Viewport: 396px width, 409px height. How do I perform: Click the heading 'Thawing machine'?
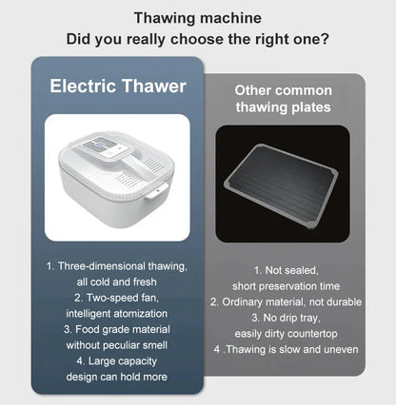click(x=198, y=18)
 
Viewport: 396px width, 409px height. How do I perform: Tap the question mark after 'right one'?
click(x=325, y=39)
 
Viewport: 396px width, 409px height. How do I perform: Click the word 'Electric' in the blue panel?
click(x=83, y=86)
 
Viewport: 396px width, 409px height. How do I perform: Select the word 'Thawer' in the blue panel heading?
click(x=154, y=86)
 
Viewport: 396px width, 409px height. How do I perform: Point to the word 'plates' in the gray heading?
click(x=311, y=107)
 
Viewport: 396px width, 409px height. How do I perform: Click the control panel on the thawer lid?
click(x=106, y=147)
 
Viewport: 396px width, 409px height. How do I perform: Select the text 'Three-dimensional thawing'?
click(x=122, y=266)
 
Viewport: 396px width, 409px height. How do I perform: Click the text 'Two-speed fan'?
click(x=122, y=298)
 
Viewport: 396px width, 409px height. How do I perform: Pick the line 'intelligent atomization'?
click(x=117, y=314)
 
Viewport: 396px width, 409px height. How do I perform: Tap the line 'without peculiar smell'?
click(x=117, y=345)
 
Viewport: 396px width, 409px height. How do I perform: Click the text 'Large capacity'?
click(x=123, y=361)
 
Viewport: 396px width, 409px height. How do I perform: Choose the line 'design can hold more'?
click(x=117, y=377)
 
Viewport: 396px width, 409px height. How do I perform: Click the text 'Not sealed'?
click(x=291, y=270)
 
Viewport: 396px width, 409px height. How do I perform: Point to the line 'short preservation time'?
click(x=286, y=286)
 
